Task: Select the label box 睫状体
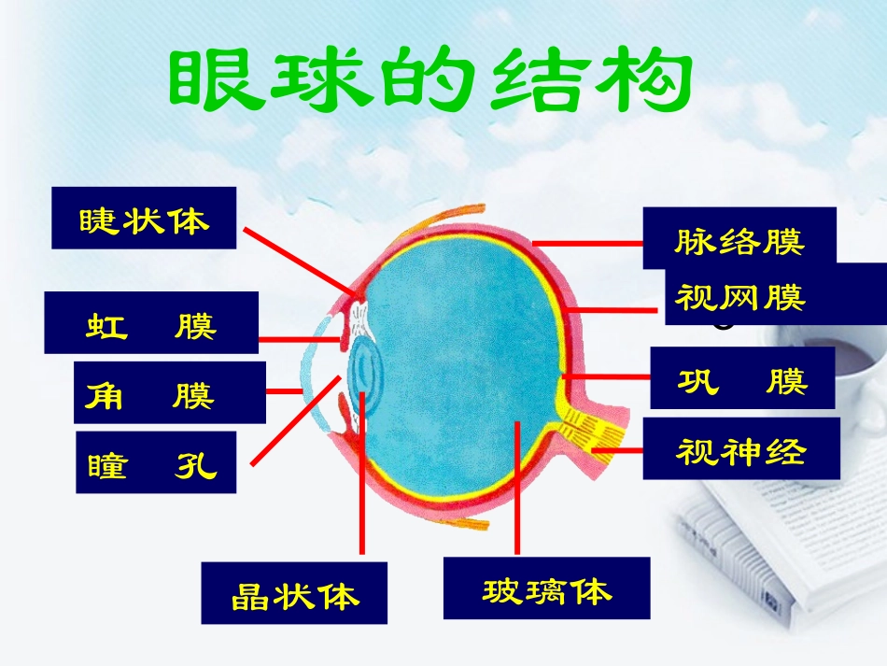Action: tap(144, 218)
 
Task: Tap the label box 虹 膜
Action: tap(151, 322)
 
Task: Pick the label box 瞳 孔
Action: tap(156, 461)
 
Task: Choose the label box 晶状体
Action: tap(294, 592)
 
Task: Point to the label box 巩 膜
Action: tap(741, 378)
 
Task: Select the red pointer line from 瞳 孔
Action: tap(294, 420)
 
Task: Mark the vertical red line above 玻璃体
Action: tap(516, 490)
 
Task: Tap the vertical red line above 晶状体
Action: tap(360, 486)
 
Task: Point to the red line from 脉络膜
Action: tap(588, 241)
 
